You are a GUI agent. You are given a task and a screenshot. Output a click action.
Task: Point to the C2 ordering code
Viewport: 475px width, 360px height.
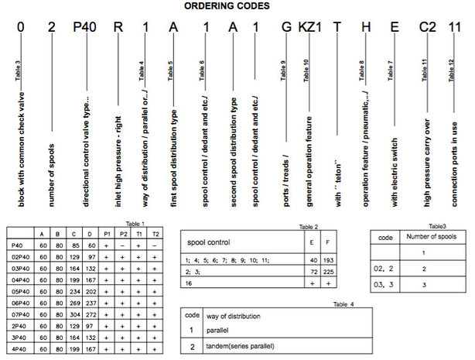pyautogui.click(x=428, y=29)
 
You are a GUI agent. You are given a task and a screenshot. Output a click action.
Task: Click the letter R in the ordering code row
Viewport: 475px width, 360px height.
pyautogui.click(x=118, y=29)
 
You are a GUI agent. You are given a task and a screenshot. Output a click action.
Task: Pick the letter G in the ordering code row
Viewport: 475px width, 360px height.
pyautogui.click(x=286, y=29)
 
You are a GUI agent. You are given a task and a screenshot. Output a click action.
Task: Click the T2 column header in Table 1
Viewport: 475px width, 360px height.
pyautogui.click(x=156, y=231)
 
